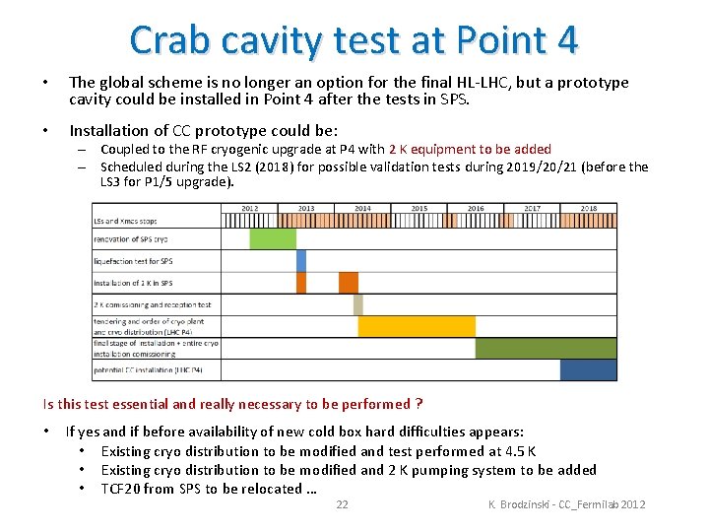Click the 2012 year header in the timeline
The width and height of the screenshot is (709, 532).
pos(250,209)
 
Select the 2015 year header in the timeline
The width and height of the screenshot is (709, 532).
pos(419,209)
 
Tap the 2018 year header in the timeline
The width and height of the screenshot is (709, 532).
pos(589,209)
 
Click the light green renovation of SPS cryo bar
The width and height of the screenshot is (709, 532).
pos(273,239)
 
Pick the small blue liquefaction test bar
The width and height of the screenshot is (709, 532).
pos(301,261)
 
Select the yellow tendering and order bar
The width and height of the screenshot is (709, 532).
pos(417,326)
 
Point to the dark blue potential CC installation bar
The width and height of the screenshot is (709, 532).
pos(588,369)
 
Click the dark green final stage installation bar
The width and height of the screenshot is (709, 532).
pos(546,348)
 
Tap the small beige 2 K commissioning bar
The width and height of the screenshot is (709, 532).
pos(357,304)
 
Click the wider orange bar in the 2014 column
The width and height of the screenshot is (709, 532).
pos(349,283)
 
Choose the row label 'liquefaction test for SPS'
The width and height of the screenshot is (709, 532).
pos(133,261)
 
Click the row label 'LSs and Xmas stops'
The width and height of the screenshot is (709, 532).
pos(125,221)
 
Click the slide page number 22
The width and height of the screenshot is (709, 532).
pos(342,504)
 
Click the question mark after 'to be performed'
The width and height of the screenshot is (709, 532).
pos(419,404)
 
